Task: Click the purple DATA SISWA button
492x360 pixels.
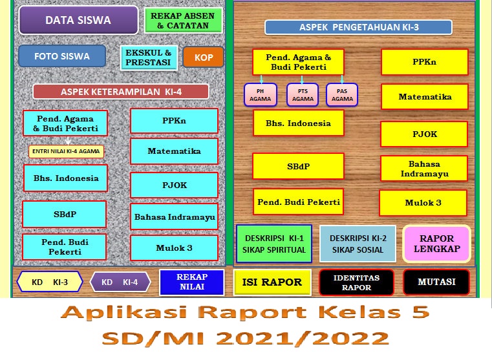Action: click(x=78, y=20)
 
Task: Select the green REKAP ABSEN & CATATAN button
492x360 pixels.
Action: click(x=183, y=20)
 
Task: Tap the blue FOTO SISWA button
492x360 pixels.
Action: click(x=62, y=56)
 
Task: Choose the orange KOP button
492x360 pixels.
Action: click(x=203, y=57)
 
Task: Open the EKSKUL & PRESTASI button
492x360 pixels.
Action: click(x=148, y=58)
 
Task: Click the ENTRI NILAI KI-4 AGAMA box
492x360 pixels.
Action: click(x=66, y=151)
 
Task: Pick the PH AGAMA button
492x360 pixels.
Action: click(x=260, y=95)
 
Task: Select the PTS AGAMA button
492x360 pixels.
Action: click(x=302, y=95)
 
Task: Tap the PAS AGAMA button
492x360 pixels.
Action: click(x=342, y=95)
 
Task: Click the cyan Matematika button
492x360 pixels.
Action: click(x=174, y=151)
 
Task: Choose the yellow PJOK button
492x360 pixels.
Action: click(x=425, y=134)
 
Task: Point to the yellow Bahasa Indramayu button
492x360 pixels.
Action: click(x=424, y=169)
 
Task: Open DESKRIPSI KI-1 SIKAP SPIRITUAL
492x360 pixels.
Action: click(x=274, y=244)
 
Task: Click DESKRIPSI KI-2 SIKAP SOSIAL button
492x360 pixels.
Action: click(x=358, y=244)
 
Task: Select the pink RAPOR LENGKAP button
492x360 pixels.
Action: click(x=436, y=243)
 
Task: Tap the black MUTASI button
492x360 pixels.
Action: click(x=436, y=282)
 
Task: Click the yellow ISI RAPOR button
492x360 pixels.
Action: click(x=272, y=282)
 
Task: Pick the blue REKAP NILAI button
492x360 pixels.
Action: click(x=191, y=282)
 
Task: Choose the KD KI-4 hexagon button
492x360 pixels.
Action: click(x=120, y=282)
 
